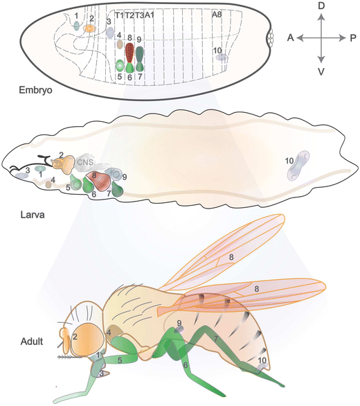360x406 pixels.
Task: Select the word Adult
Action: [x=33, y=342]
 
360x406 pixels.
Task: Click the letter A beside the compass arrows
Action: [x=291, y=38]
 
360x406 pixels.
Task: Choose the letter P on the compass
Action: [x=352, y=38]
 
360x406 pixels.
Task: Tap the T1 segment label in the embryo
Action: [x=119, y=14]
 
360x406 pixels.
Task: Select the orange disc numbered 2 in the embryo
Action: [x=89, y=29]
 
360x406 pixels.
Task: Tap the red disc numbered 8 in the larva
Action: [x=100, y=182]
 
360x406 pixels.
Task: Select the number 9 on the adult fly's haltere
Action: [x=179, y=324]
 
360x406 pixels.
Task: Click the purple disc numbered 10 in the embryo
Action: [x=220, y=58]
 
